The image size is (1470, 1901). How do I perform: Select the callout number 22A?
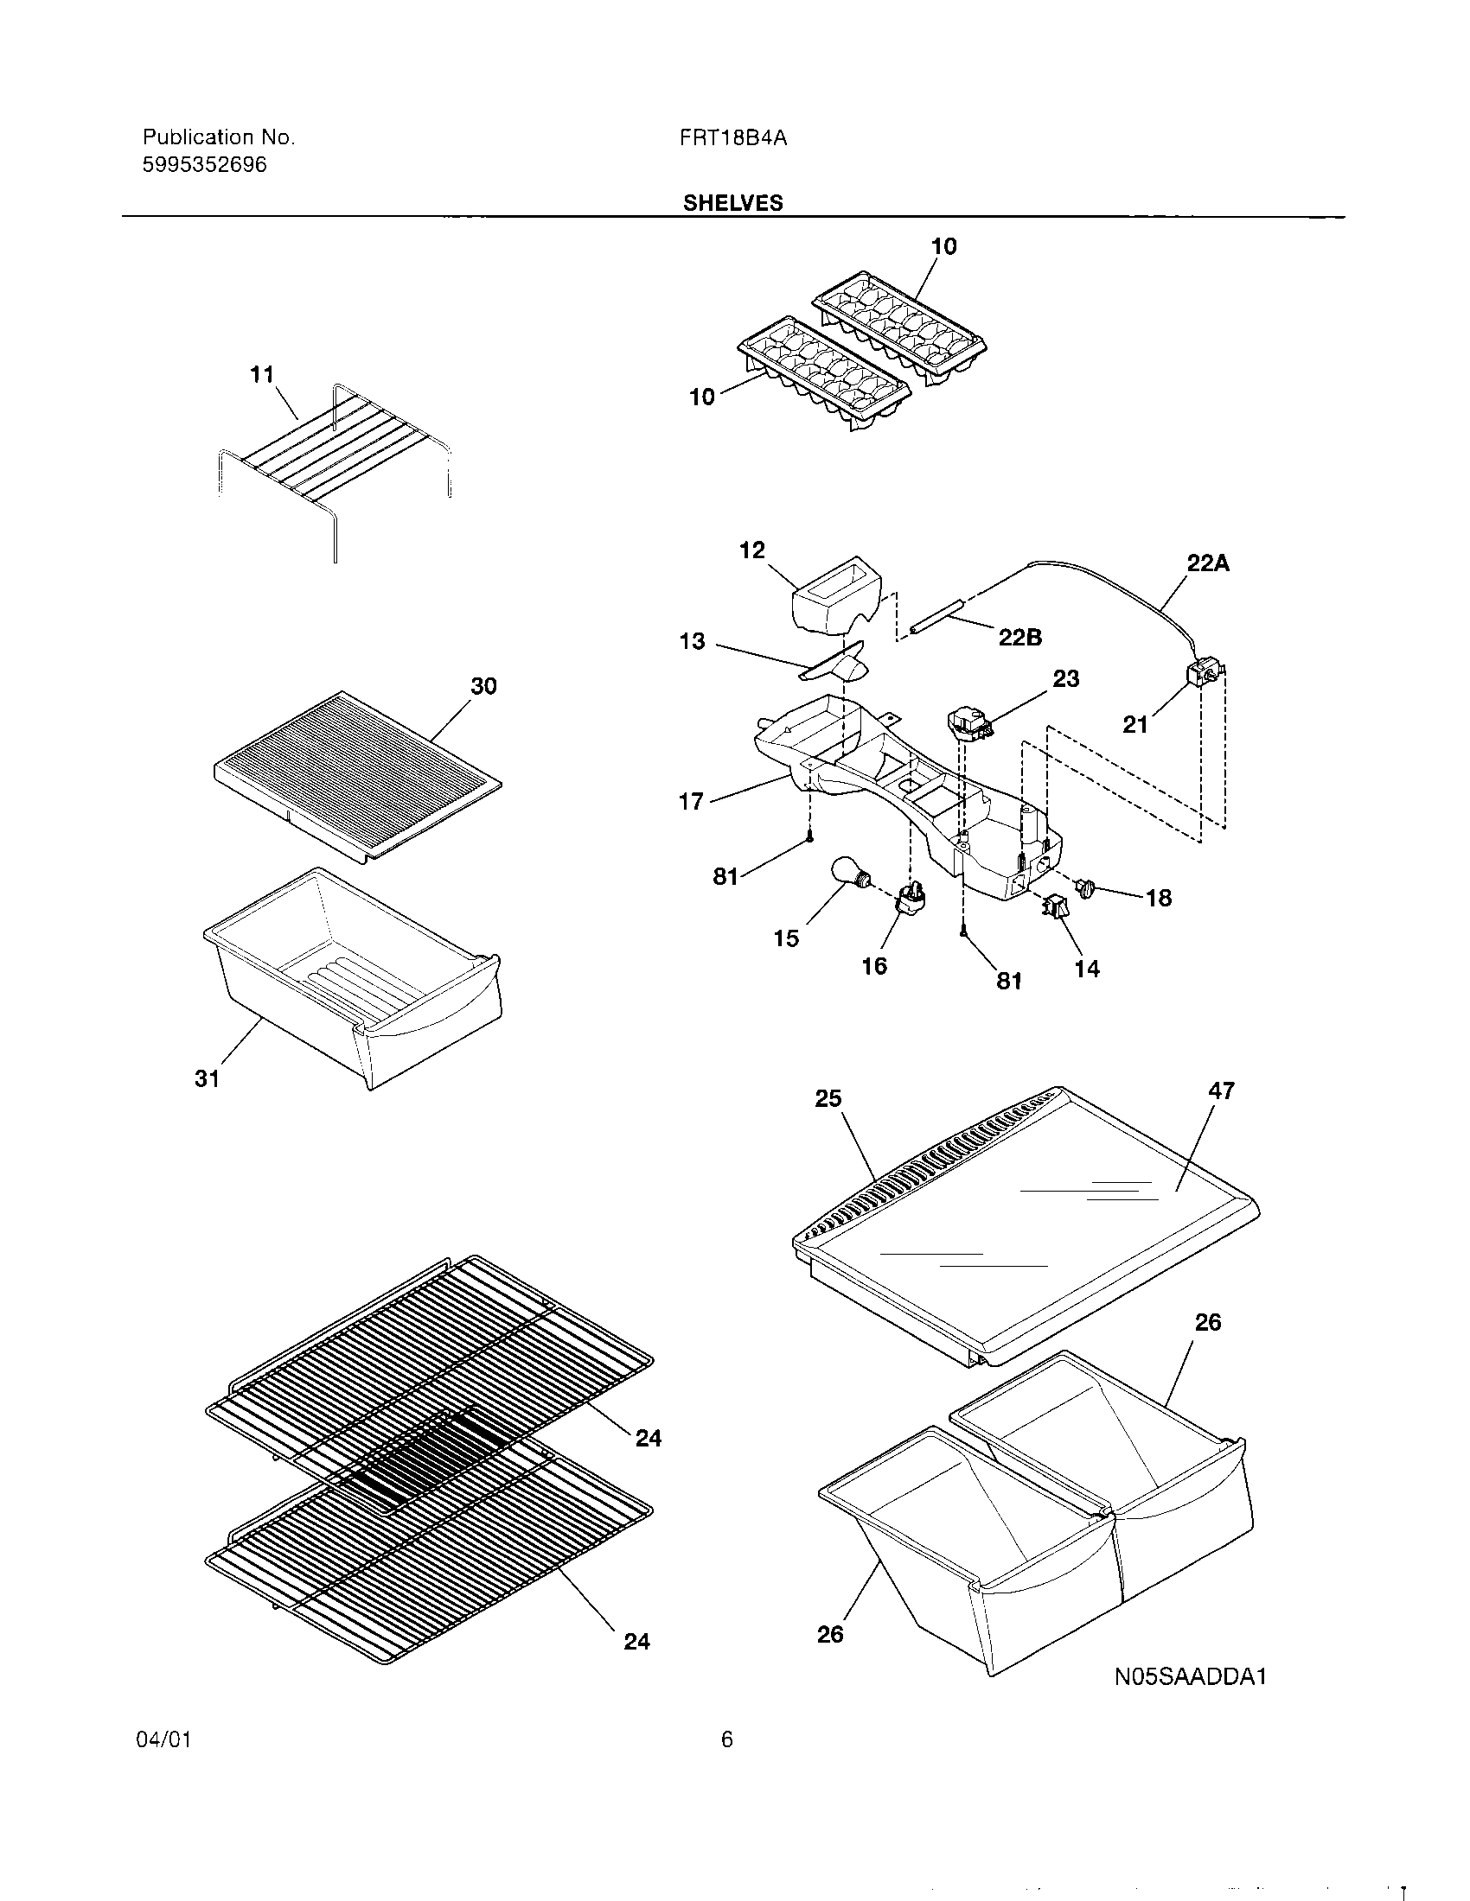[1208, 563]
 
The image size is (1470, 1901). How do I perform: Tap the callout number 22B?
[1019, 637]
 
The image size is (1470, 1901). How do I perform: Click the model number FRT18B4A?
[733, 137]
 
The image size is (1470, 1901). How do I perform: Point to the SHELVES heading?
[732, 203]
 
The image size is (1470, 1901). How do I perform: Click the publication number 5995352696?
[205, 164]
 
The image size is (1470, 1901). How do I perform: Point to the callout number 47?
[1221, 1090]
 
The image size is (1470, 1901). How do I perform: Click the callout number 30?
[483, 686]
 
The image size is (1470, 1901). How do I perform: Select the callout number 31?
[207, 1079]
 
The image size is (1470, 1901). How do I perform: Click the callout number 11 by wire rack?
[262, 374]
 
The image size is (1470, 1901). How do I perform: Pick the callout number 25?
[828, 1098]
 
